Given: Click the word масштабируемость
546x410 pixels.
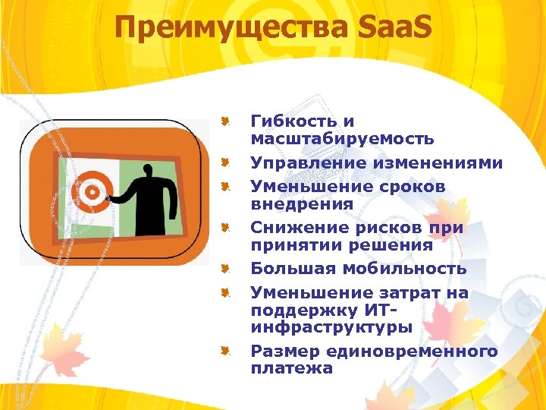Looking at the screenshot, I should [342, 139].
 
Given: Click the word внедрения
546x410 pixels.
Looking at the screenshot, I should [302, 204].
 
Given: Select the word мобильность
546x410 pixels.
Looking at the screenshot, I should [416, 269].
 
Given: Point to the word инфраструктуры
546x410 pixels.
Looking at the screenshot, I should [331, 327].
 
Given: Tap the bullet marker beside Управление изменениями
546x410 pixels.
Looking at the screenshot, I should [225, 162].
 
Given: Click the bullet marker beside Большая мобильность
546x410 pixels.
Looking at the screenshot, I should [225, 268].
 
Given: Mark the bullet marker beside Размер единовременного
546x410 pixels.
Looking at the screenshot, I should [225, 351].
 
